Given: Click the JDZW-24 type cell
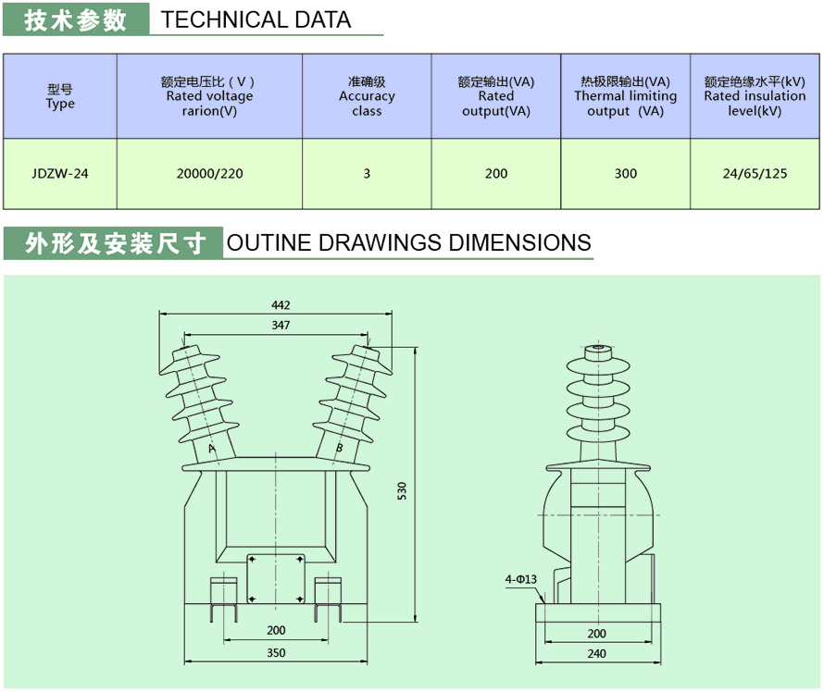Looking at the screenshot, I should (59, 173).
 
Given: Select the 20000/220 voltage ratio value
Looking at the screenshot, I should (209, 173).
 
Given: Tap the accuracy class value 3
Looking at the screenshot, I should (367, 173).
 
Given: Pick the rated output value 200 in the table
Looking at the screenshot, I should (496, 173).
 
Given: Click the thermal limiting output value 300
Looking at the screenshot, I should (626, 173).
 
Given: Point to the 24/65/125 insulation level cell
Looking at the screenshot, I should (755, 173).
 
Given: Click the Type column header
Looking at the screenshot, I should (60, 97).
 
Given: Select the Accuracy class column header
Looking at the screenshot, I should (367, 96).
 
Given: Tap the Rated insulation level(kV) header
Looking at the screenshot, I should (755, 96).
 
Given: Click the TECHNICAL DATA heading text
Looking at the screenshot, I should (256, 19).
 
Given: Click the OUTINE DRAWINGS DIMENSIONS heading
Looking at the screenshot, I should (408, 242).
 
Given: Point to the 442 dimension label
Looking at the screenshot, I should (281, 305).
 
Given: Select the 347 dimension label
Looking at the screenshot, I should (281, 325).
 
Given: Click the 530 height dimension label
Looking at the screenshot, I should (402, 491).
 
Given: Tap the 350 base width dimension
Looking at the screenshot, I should (276, 653).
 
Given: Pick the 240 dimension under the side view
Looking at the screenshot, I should (596, 653).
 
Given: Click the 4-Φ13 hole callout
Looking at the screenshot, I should (521, 580).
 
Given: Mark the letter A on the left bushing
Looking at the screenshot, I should (212, 449).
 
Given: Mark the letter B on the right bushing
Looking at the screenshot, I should (339, 449).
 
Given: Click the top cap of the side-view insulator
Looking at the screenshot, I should (597, 350).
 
